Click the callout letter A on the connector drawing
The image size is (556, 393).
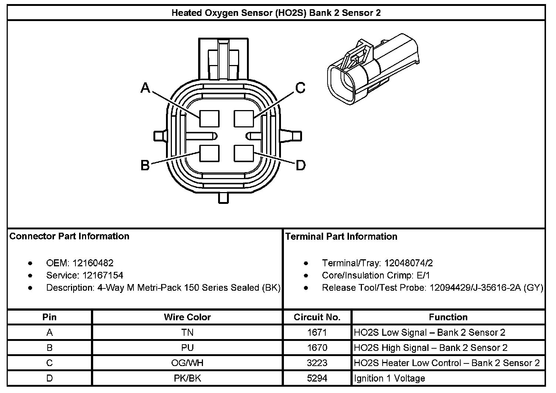coord(145,88)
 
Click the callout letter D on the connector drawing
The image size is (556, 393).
coord(301,165)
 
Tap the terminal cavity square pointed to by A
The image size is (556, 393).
coord(209,119)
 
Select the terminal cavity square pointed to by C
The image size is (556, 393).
coord(244,119)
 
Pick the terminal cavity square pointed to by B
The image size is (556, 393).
coord(209,153)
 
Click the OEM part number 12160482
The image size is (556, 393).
coord(93,263)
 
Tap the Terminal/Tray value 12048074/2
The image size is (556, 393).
coord(408,263)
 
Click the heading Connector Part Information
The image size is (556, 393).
coord(69,236)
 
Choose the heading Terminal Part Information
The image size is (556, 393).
coord(341,237)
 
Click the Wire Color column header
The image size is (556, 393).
coord(187,317)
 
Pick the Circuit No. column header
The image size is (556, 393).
coord(317,317)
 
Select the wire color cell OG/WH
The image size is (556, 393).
coord(187,363)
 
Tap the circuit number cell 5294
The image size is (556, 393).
coord(317,379)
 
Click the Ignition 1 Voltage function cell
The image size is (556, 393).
coord(389,379)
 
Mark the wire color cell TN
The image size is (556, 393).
coord(187,333)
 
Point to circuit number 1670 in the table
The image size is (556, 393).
coord(317,348)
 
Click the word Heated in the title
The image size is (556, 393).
coord(186,13)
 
